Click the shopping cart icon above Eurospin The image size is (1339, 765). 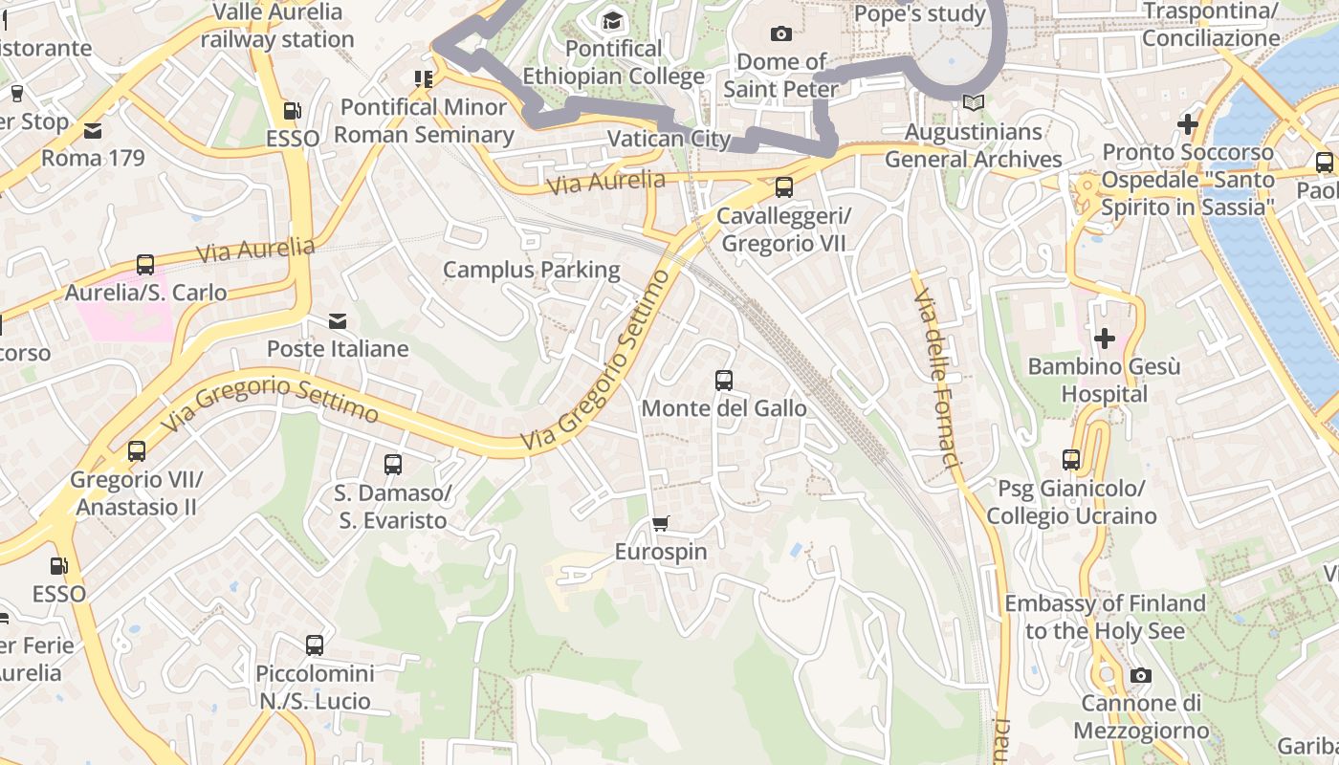pyautogui.click(x=660, y=523)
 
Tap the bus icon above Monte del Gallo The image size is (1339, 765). pyautogui.click(x=724, y=381)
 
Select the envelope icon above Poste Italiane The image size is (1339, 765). pyautogui.click(x=338, y=321)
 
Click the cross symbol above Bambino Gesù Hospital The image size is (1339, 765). pyautogui.click(x=1105, y=338)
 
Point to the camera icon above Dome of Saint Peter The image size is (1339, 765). pyautogui.click(x=781, y=34)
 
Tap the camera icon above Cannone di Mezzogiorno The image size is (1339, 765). pyautogui.click(x=1140, y=676)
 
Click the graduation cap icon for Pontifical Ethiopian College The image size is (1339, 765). pyautogui.click(x=611, y=20)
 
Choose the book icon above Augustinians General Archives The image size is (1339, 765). pyautogui.click(x=974, y=103)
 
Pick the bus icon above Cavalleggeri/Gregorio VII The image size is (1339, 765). pyautogui.click(x=784, y=187)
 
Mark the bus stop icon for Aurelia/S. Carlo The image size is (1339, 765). pyautogui.click(x=145, y=265)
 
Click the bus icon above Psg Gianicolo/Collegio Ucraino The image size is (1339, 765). pyautogui.click(x=1071, y=460)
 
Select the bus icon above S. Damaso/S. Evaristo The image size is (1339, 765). pyautogui.click(x=392, y=465)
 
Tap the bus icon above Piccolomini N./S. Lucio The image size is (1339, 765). pyautogui.click(x=315, y=645)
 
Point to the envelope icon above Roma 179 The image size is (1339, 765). pyautogui.click(x=93, y=130)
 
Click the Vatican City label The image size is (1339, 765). pyautogui.click(x=669, y=139)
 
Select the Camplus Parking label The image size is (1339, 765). pyautogui.click(x=532, y=270)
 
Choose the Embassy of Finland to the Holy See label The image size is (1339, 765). pyautogui.click(x=1105, y=617)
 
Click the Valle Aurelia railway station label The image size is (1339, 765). pyautogui.click(x=277, y=26)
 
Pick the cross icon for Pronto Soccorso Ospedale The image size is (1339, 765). pyautogui.click(x=1188, y=124)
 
